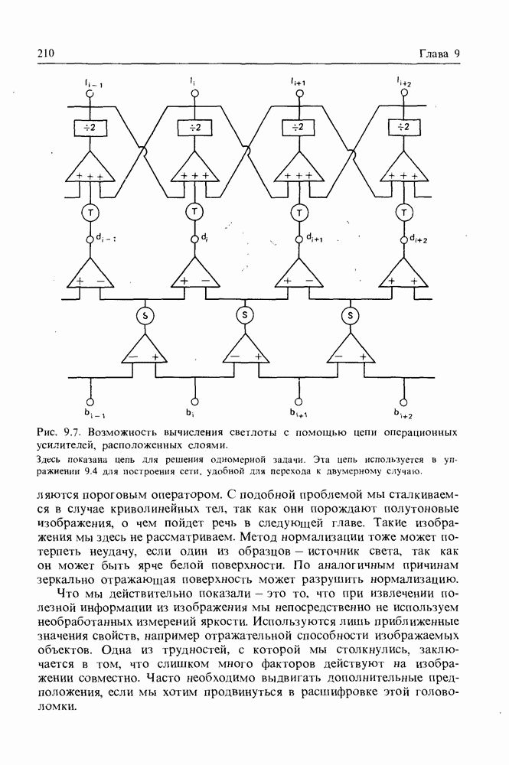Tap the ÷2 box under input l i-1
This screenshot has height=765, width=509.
click(90, 127)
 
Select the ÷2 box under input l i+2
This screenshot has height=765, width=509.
click(403, 127)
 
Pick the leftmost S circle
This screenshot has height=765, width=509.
click(142, 314)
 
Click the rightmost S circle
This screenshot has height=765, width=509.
click(351, 314)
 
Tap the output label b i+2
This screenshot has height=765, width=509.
click(403, 415)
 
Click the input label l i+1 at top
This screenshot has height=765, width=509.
click(299, 81)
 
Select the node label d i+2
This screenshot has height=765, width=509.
click(418, 239)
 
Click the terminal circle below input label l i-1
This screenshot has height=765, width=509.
click(90, 94)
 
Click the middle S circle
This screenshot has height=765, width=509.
click(245, 314)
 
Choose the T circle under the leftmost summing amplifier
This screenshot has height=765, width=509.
click(90, 212)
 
